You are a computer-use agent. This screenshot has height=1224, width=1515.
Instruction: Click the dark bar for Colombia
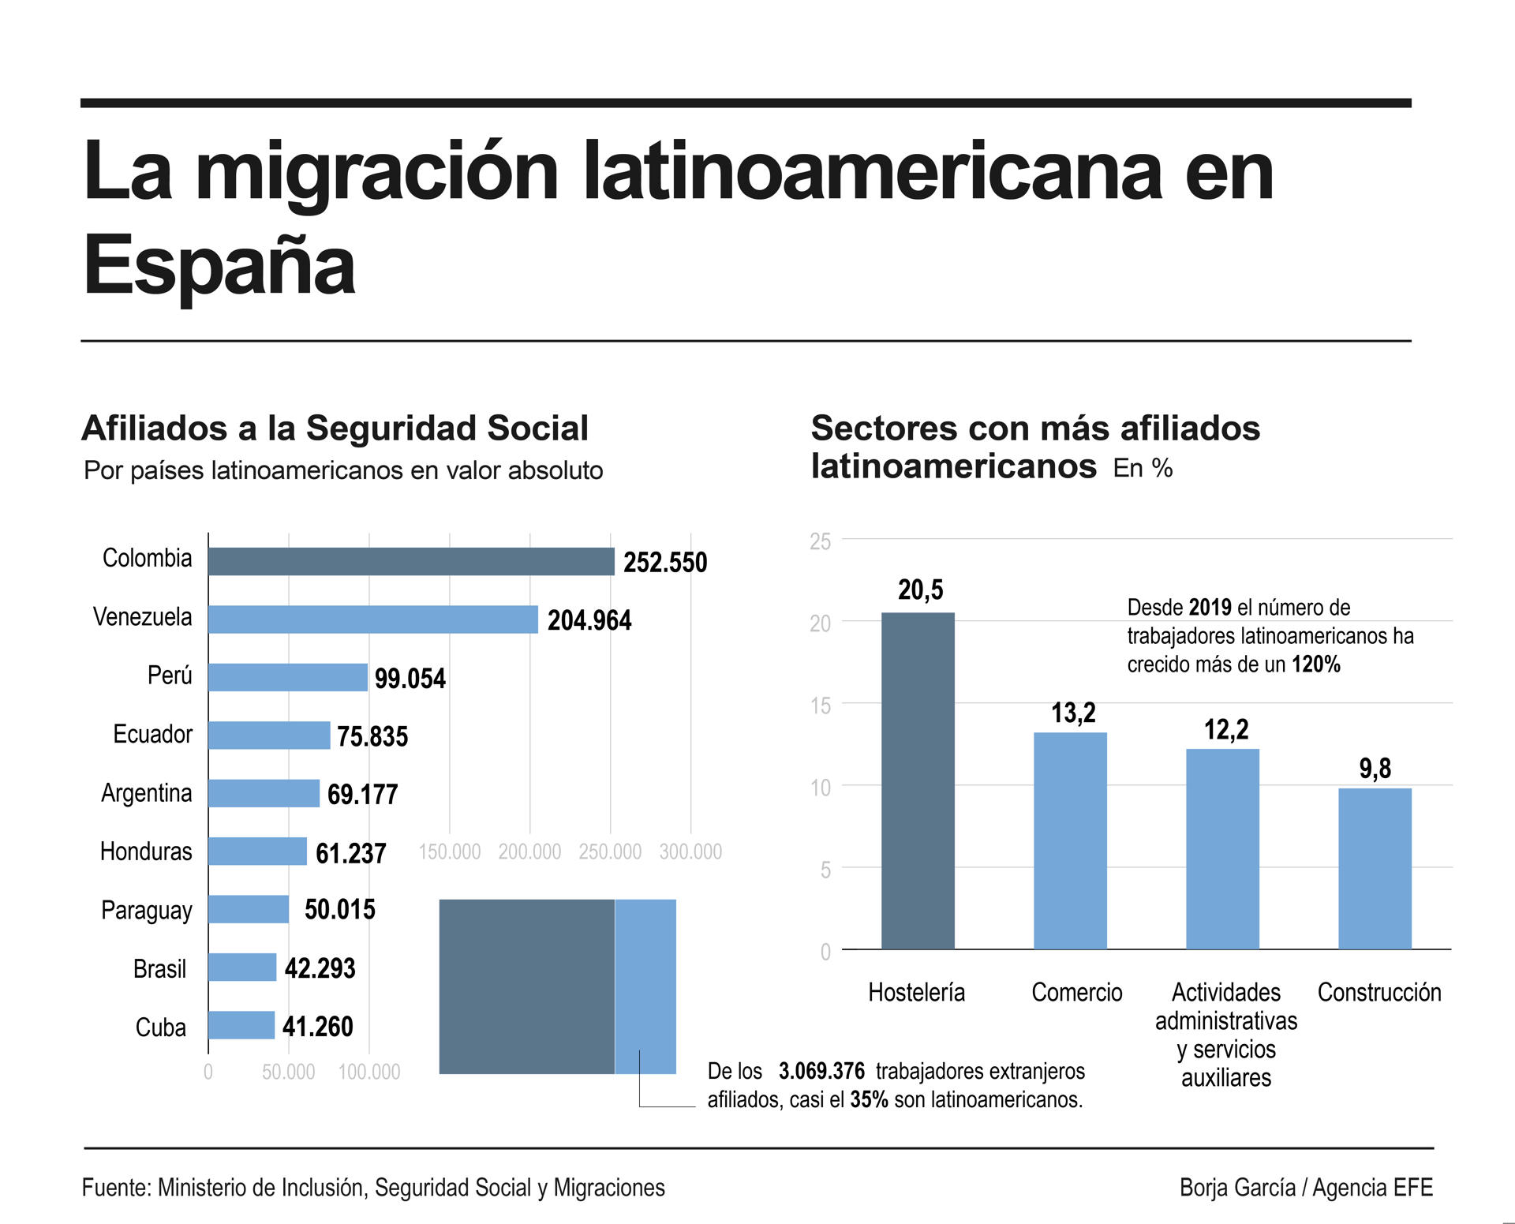click(411, 562)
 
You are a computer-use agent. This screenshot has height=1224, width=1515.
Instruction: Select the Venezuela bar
click(373, 619)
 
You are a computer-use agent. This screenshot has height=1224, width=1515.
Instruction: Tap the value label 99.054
click(410, 679)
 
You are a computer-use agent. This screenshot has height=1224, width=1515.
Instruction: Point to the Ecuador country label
click(152, 735)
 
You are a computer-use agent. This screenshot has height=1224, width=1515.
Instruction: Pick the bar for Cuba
click(241, 1025)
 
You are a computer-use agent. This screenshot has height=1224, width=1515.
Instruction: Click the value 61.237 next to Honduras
click(350, 853)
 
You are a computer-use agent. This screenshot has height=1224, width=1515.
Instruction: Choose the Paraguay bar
click(249, 909)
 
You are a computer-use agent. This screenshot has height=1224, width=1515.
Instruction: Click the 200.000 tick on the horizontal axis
click(529, 852)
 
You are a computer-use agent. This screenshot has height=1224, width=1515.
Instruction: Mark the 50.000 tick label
click(288, 1072)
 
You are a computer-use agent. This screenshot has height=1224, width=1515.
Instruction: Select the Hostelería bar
click(918, 780)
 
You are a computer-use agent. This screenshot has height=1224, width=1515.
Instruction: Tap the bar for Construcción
click(1375, 868)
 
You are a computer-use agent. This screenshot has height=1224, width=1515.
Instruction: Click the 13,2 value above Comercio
click(1073, 713)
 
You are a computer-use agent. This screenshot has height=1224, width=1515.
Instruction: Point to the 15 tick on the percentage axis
click(821, 706)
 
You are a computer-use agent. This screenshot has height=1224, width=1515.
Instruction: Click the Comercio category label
click(1076, 993)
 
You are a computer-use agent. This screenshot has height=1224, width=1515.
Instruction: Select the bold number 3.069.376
click(821, 1072)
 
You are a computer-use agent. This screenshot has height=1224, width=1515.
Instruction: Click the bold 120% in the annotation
click(1315, 664)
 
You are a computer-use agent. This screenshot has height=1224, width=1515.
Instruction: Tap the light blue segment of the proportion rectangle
click(645, 986)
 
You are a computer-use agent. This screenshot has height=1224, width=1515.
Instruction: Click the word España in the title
click(219, 265)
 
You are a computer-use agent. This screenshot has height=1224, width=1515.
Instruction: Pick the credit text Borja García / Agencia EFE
click(1306, 1188)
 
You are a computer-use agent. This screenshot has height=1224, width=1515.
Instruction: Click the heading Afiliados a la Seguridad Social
click(335, 429)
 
